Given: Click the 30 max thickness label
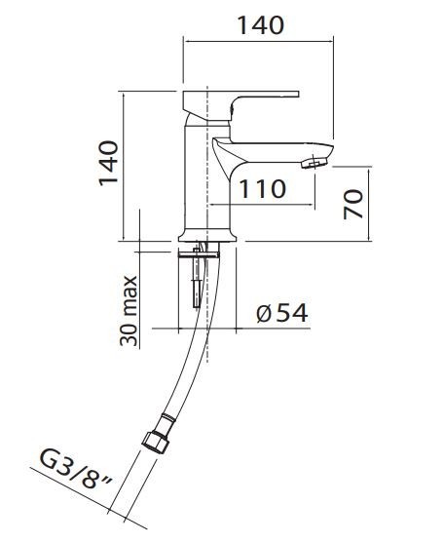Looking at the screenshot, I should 129,310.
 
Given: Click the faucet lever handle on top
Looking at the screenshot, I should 243,102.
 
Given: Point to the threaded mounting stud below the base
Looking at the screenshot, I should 200,278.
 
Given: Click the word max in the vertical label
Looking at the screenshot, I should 129,292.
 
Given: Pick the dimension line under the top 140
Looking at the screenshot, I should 258,42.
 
